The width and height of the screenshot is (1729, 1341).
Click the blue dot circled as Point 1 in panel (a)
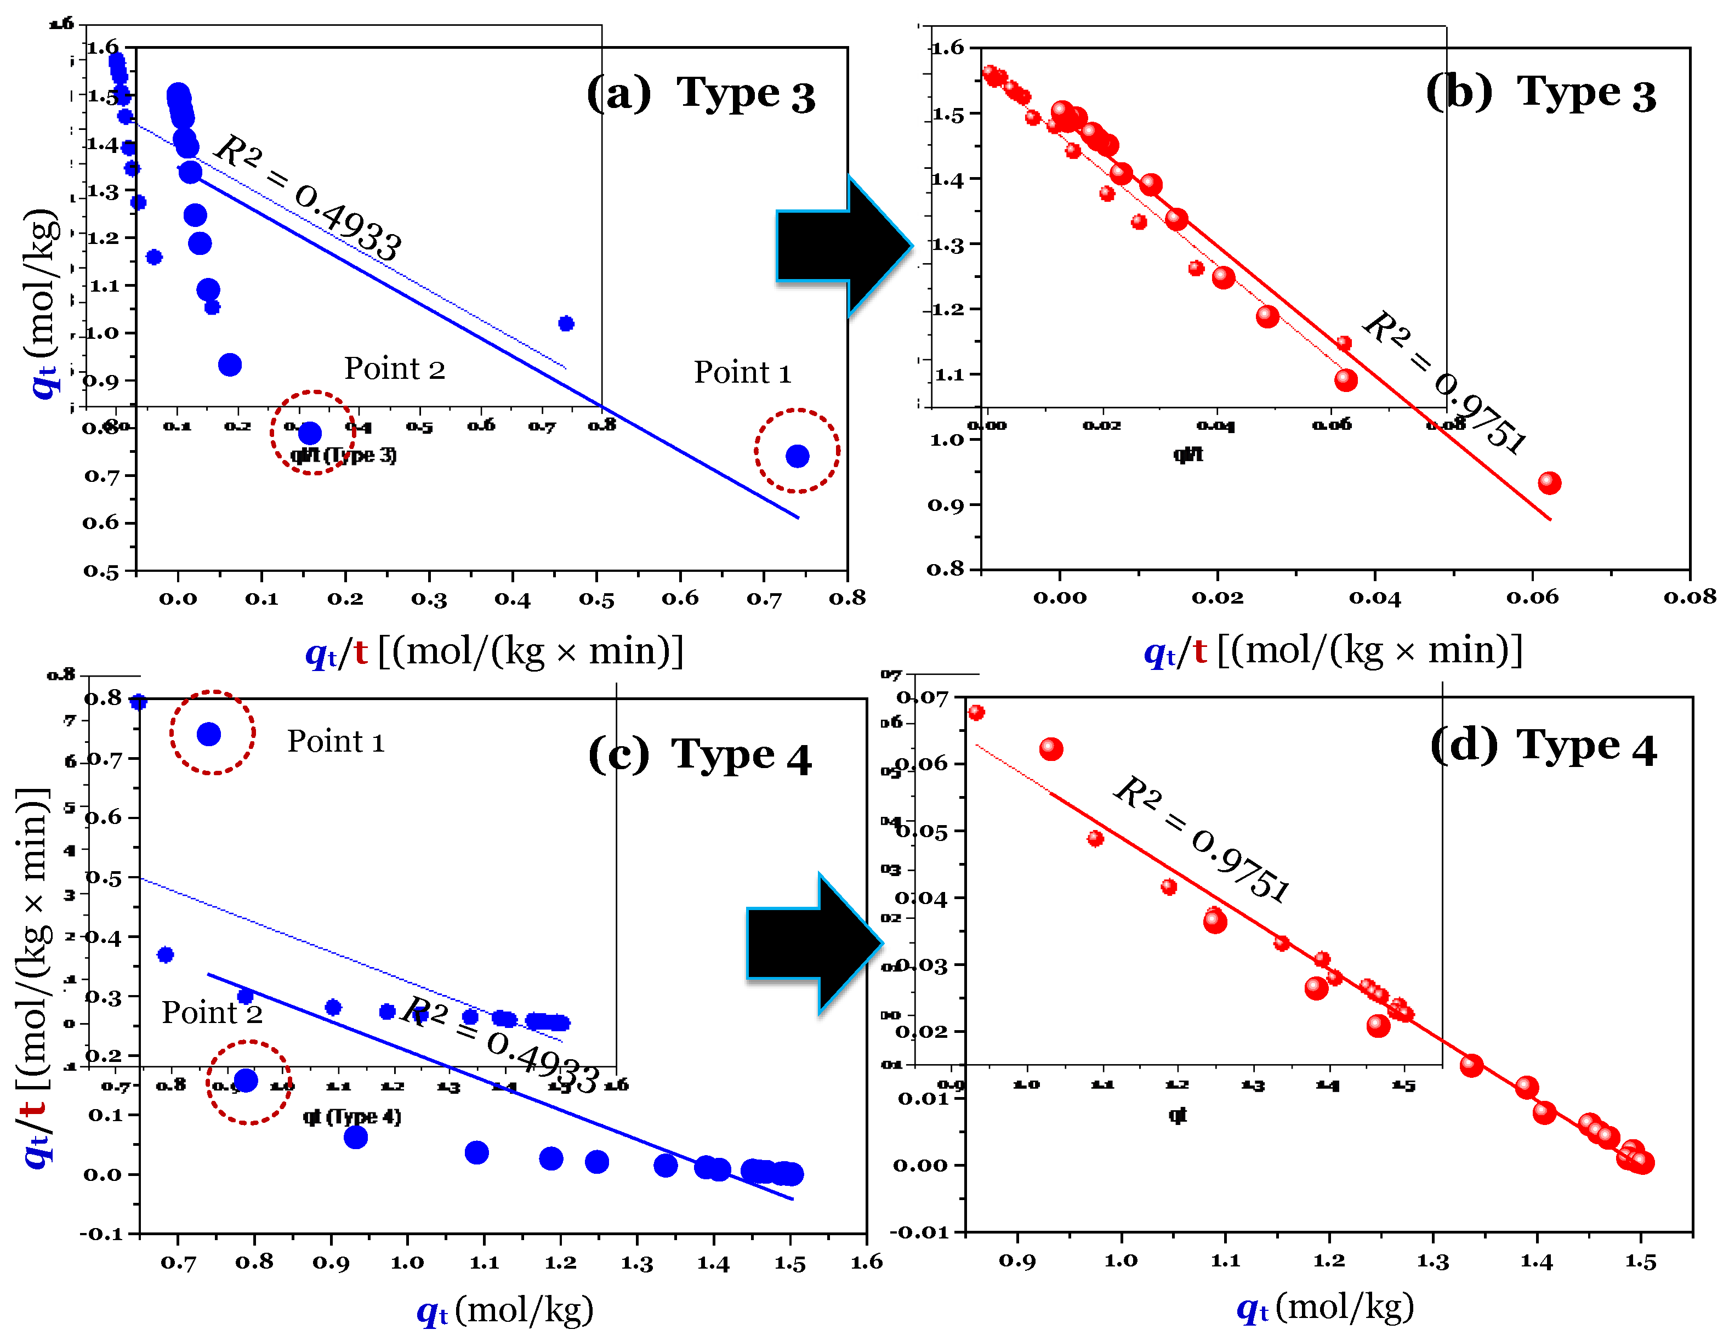click(x=797, y=456)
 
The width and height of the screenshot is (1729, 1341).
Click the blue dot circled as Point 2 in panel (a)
click(x=310, y=433)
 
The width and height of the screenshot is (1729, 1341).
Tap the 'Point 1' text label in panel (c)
click(x=335, y=742)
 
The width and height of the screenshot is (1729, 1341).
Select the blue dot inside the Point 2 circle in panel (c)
click(x=246, y=1080)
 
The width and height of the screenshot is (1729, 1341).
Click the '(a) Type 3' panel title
click(x=701, y=95)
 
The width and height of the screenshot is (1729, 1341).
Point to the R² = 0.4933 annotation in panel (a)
click(x=309, y=197)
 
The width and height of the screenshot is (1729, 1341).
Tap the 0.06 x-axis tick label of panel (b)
click(x=1532, y=597)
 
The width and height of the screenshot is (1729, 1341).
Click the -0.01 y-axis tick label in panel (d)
click(x=918, y=1232)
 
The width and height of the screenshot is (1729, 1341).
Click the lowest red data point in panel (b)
click(x=1549, y=483)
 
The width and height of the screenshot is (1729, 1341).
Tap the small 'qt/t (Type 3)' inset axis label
click(x=344, y=455)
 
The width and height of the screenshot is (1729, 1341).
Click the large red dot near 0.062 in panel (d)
click(x=1050, y=749)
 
